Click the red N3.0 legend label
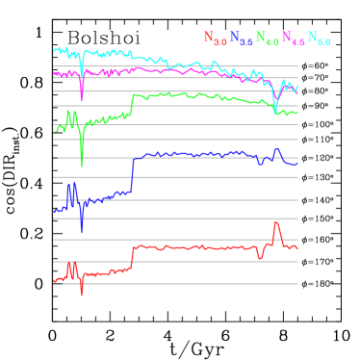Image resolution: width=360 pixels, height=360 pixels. click(x=215, y=39)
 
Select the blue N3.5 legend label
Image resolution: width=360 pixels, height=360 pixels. click(x=241, y=39)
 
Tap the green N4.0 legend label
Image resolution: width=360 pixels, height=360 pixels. click(x=267, y=39)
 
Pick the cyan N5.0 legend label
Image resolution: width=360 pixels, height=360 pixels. click(x=319, y=39)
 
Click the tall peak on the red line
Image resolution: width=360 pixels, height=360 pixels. click(x=276, y=223)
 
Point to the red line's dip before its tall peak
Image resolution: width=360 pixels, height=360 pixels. click(x=260, y=257)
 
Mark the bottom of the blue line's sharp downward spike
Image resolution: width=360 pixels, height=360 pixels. click(x=82, y=232)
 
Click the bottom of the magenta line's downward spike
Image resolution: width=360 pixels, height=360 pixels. click(x=82, y=99)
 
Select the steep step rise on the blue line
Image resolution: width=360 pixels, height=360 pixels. click(x=132, y=173)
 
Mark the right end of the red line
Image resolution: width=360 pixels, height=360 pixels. click(x=297, y=248)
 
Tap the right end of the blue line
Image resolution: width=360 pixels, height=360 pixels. click(x=297, y=162)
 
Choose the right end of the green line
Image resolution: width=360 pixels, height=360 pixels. click(x=297, y=113)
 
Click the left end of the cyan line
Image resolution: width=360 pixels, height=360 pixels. click(x=54, y=50)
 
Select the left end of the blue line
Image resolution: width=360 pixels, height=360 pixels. click(x=54, y=211)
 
